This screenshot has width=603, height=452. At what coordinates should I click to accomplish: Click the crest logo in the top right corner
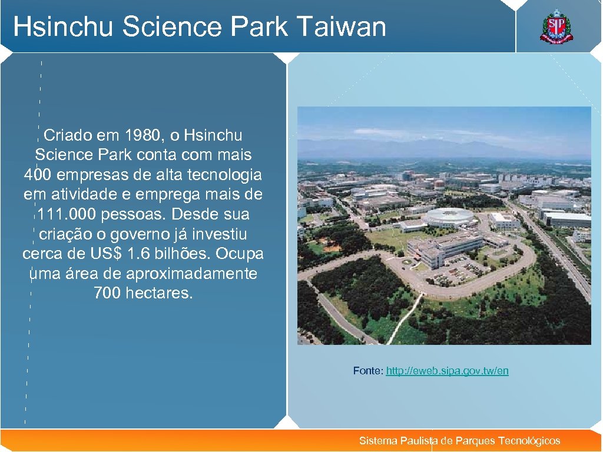[x=556, y=27]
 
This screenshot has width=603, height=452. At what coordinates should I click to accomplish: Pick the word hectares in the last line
[x=158, y=293]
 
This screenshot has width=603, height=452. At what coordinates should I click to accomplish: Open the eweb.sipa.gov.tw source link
[x=447, y=371]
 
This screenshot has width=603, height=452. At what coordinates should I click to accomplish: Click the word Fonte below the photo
[x=367, y=371]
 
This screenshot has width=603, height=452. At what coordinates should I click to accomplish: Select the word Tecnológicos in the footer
[x=529, y=441]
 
